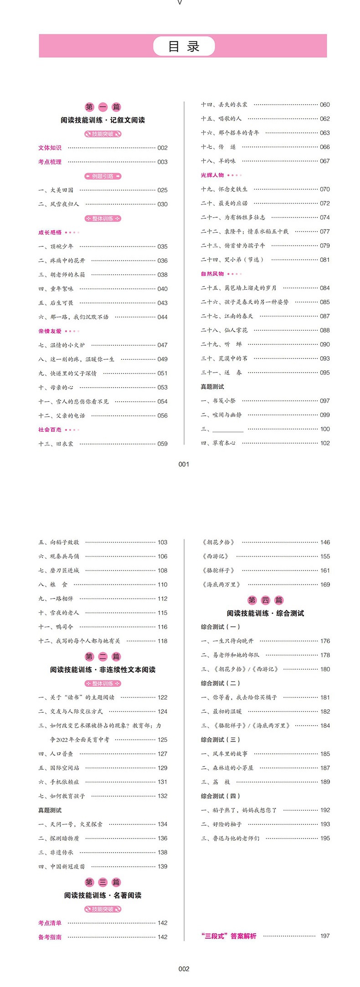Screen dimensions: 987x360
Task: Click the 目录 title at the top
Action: [184, 46]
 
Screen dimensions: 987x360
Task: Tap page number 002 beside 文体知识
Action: [162, 148]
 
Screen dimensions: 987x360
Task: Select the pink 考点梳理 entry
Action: [50, 162]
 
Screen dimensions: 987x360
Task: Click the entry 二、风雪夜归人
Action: [59, 204]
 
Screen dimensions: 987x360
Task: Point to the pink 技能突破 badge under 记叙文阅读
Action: [103, 134]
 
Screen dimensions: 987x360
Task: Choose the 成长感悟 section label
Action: [50, 232]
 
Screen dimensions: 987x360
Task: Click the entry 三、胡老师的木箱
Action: [62, 275]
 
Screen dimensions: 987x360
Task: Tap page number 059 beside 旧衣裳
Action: [162, 444]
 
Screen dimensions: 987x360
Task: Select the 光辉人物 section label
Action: [212, 175]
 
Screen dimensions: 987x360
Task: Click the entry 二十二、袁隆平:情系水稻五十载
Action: [245, 231]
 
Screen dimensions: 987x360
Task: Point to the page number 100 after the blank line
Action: [325, 429]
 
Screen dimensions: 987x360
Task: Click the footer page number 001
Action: [184, 464]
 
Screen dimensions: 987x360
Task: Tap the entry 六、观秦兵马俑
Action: [59, 556]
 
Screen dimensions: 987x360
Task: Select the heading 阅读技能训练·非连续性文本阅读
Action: [103, 670]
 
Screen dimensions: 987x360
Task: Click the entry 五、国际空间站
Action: [59, 768]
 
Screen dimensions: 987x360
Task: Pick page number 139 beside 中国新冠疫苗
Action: [162, 866]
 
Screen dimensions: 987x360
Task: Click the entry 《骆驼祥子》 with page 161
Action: [218, 570]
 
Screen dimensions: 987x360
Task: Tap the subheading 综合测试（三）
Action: [221, 740]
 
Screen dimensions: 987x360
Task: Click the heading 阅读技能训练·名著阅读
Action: [103, 895]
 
